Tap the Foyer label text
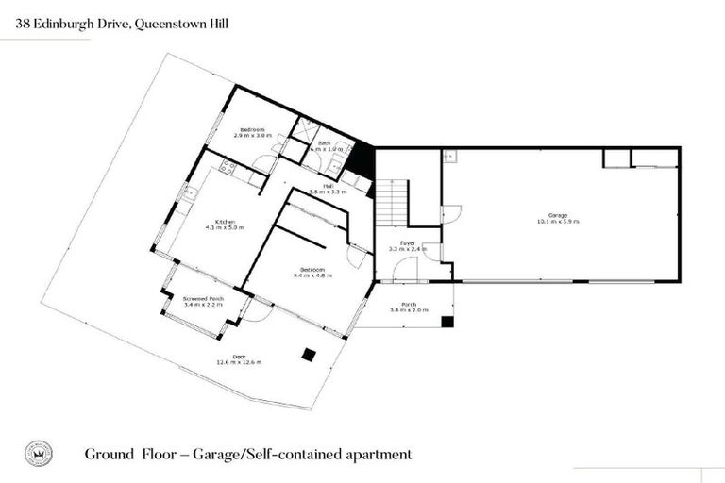(x=408, y=243)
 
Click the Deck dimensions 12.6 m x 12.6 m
(x=239, y=362)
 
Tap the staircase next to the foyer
(x=390, y=203)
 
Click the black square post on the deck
(x=308, y=355)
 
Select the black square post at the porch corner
(x=447, y=322)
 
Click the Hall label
(x=329, y=186)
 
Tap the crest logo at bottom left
(x=37, y=454)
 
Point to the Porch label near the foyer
(x=409, y=305)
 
